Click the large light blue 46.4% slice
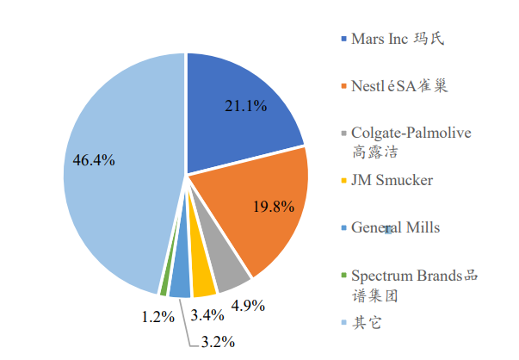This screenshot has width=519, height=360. [103, 172]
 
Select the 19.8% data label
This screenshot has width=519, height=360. [274, 207]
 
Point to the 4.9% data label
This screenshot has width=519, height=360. [245, 304]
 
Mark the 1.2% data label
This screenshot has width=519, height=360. [159, 317]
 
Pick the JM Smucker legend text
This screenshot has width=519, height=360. [392, 181]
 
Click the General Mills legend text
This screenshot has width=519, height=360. [395, 227]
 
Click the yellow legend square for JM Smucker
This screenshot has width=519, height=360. [343, 182]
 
